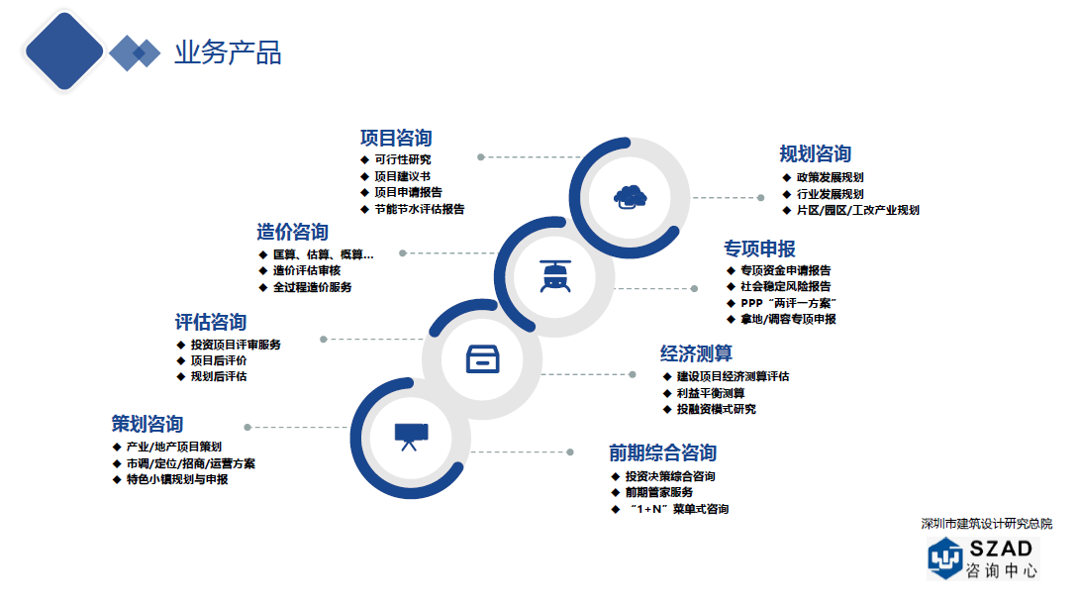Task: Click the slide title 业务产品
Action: tap(228, 53)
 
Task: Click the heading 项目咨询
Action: tap(396, 138)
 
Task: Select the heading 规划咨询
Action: tap(815, 153)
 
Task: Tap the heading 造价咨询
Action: tap(292, 233)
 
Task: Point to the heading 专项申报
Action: tap(759, 248)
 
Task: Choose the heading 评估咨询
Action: tap(211, 322)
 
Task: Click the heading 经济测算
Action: tap(696, 353)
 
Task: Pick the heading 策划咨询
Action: tap(147, 425)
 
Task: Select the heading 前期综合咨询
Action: tap(662, 453)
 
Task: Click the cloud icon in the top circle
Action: tap(630, 196)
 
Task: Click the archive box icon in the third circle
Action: tap(482, 358)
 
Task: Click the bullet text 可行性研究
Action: tap(402, 159)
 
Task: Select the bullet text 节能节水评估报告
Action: tap(419, 210)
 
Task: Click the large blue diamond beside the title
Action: tap(64, 50)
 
